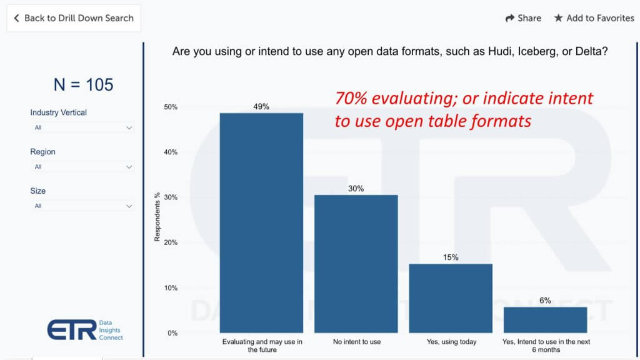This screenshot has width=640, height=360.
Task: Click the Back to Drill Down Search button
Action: point(74,18)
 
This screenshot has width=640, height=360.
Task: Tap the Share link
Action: point(523,18)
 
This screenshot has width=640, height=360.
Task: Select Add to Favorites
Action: point(594,18)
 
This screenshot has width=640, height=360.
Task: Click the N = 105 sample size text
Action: point(83,85)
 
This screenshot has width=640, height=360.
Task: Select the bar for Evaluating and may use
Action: point(261,223)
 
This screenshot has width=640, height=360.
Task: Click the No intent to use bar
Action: point(356,264)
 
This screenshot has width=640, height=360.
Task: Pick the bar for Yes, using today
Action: point(451,298)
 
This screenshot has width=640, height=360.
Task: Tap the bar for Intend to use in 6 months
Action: point(545,320)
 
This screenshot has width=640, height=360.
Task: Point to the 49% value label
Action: point(261,107)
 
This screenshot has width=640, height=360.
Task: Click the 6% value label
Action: point(545,301)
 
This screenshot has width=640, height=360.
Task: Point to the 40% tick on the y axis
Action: point(171,152)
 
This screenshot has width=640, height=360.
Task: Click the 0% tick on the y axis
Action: point(172,334)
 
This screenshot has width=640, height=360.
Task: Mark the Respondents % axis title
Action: point(157,217)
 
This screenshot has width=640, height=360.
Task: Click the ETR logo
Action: point(85,330)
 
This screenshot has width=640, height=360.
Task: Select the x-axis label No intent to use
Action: point(357,342)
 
